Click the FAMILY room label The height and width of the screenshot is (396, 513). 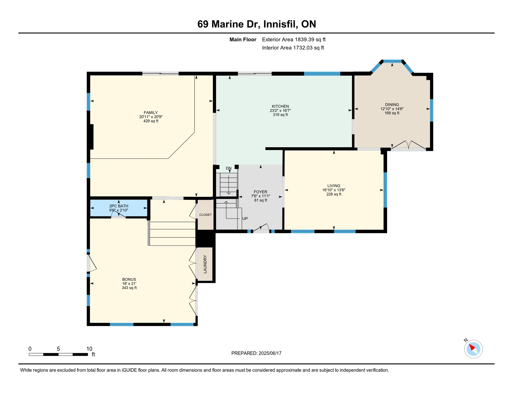point(151,113)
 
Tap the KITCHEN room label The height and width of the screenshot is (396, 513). point(280,106)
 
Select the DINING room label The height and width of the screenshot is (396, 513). point(392,105)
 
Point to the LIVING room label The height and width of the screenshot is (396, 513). point(334,186)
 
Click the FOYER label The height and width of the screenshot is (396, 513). point(260,192)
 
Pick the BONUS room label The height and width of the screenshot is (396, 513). point(129,279)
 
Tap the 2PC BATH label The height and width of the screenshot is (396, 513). point(119,206)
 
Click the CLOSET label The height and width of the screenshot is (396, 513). point(205,215)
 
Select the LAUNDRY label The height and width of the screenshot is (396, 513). point(205,264)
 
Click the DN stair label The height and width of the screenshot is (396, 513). point(229,168)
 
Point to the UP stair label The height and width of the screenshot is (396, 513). point(245,219)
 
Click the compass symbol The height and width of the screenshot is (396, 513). point(473,349)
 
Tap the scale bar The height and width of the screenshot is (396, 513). point(58,354)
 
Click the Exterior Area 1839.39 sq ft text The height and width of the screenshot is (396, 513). point(294,39)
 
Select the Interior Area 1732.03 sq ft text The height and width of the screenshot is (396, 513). point(293,48)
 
